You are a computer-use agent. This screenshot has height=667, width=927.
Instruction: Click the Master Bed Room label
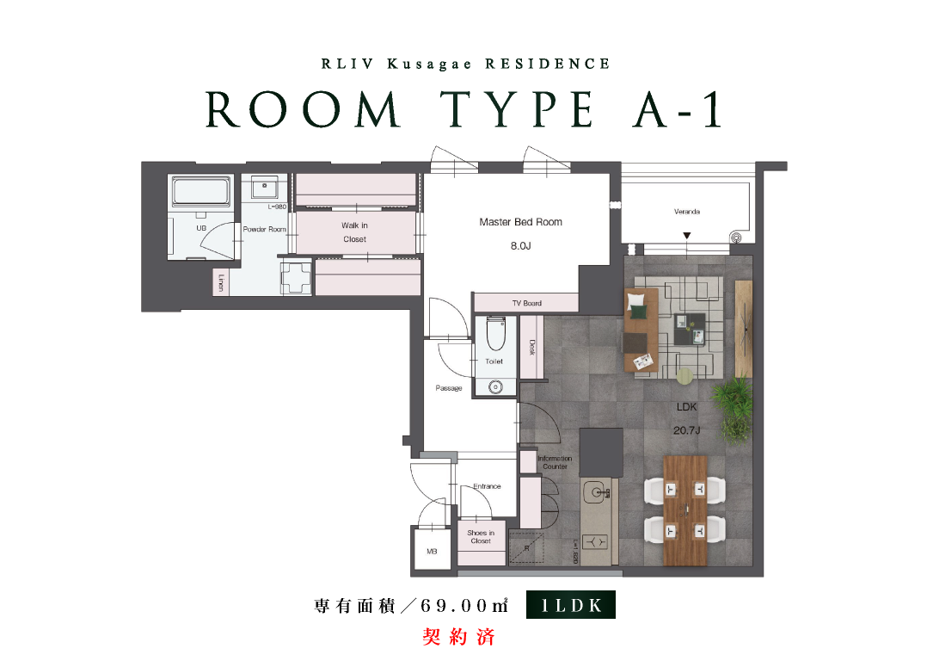point(520,222)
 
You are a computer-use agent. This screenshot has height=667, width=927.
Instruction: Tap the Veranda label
point(687,211)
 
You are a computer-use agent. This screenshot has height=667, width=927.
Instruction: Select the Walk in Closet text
point(354,232)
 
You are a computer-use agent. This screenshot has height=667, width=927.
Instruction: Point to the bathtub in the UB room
point(201,190)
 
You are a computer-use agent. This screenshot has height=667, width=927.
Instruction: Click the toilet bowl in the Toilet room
point(495,335)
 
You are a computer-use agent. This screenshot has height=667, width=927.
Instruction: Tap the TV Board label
point(527,303)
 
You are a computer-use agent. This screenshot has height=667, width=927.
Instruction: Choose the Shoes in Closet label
point(481,537)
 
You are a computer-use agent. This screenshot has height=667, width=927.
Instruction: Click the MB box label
point(433,551)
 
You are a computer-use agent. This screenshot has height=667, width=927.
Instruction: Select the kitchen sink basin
point(595,491)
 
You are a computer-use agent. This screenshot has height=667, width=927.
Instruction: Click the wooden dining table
point(685,510)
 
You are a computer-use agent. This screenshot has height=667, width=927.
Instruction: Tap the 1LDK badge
point(570,605)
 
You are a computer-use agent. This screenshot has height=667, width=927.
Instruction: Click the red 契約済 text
point(459,637)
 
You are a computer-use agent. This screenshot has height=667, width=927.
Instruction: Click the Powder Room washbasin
point(264,188)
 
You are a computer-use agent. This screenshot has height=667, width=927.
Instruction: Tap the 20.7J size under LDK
point(686,430)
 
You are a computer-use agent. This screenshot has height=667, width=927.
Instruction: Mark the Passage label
point(449,388)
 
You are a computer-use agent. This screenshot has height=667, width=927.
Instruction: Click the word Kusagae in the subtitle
point(429,64)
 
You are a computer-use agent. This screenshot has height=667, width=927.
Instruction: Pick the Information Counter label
point(555,462)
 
